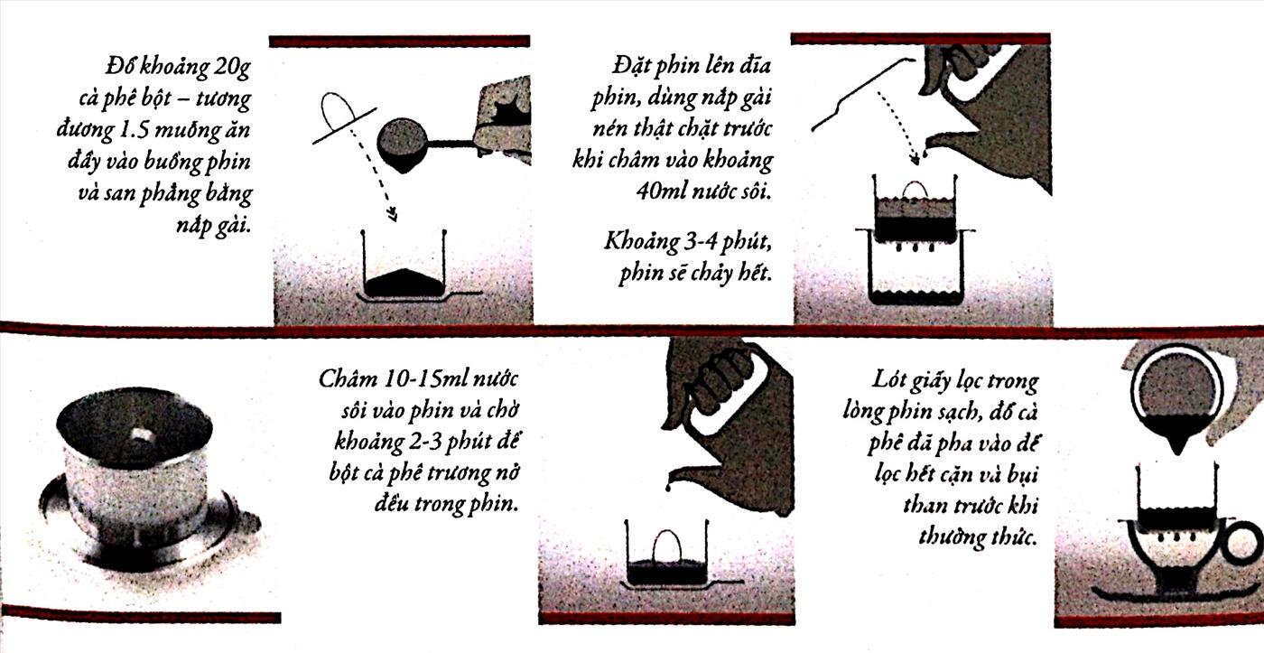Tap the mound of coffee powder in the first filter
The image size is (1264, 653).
point(404,283)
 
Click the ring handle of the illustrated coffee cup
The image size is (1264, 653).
point(1243,543)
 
